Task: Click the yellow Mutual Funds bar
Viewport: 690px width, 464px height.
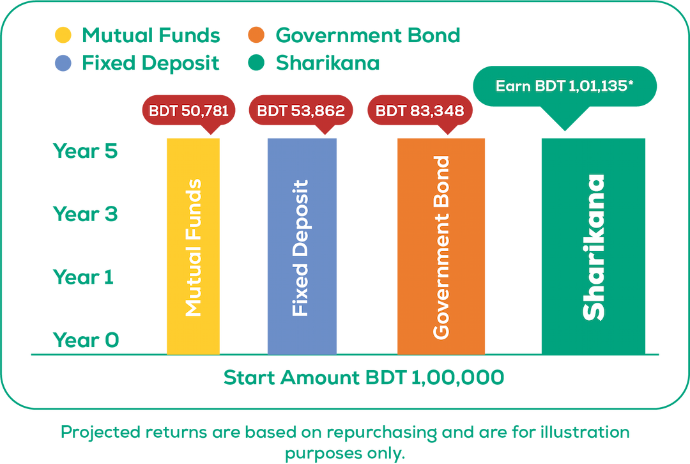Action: (x=193, y=245)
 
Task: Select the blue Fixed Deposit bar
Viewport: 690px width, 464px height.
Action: (x=302, y=245)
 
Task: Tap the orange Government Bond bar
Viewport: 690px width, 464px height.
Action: (x=441, y=245)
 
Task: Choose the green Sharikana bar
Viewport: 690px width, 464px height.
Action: (x=594, y=245)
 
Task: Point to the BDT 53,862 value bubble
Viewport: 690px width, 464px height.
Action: (x=300, y=111)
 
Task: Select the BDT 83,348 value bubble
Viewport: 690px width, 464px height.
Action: (x=420, y=111)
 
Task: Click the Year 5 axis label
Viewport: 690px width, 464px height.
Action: (x=86, y=151)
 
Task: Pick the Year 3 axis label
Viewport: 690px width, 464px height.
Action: (x=86, y=214)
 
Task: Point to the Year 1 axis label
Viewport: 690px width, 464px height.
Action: (x=84, y=277)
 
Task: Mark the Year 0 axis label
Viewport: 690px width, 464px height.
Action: (x=86, y=339)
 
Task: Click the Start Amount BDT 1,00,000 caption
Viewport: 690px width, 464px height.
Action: (x=364, y=377)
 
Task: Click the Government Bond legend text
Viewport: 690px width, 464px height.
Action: (x=367, y=35)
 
